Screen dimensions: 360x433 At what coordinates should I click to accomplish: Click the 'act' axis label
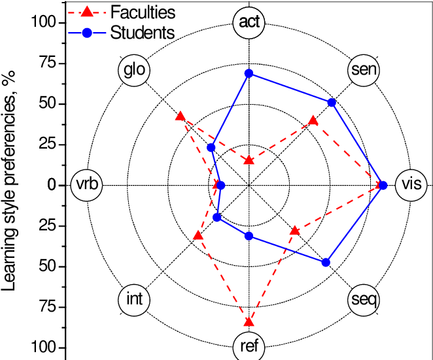[249, 22]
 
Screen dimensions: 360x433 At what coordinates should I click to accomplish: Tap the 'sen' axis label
[364, 69]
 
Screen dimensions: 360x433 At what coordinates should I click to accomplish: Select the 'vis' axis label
[411, 185]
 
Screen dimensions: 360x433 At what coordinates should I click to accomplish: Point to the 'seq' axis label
[364, 300]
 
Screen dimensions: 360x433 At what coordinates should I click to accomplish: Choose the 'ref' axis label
[249, 346]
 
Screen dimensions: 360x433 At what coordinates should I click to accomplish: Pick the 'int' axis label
[134, 300]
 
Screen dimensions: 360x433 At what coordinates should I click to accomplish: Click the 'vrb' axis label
[87, 185]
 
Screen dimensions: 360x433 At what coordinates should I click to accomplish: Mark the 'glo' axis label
[134, 69]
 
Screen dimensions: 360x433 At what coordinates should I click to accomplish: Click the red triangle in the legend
[87, 12]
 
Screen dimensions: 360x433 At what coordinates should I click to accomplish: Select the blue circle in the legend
[87, 33]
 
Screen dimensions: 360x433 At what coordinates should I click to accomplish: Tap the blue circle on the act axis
[249, 73]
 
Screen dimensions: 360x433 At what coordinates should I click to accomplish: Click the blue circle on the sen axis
[331, 103]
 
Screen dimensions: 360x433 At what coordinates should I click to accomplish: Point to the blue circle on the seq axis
[326, 262]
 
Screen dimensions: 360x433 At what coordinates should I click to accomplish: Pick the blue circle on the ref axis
[249, 236]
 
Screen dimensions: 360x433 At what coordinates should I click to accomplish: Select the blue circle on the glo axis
[211, 147]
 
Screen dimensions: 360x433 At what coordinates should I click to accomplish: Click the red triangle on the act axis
[249, 160]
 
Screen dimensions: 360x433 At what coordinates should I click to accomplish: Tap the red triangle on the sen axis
[313, 120]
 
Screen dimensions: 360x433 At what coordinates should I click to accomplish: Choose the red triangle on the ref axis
[249, 321]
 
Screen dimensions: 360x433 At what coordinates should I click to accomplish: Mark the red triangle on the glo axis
[180, 116]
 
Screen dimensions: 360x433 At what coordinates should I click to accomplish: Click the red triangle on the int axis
[198, 234]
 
